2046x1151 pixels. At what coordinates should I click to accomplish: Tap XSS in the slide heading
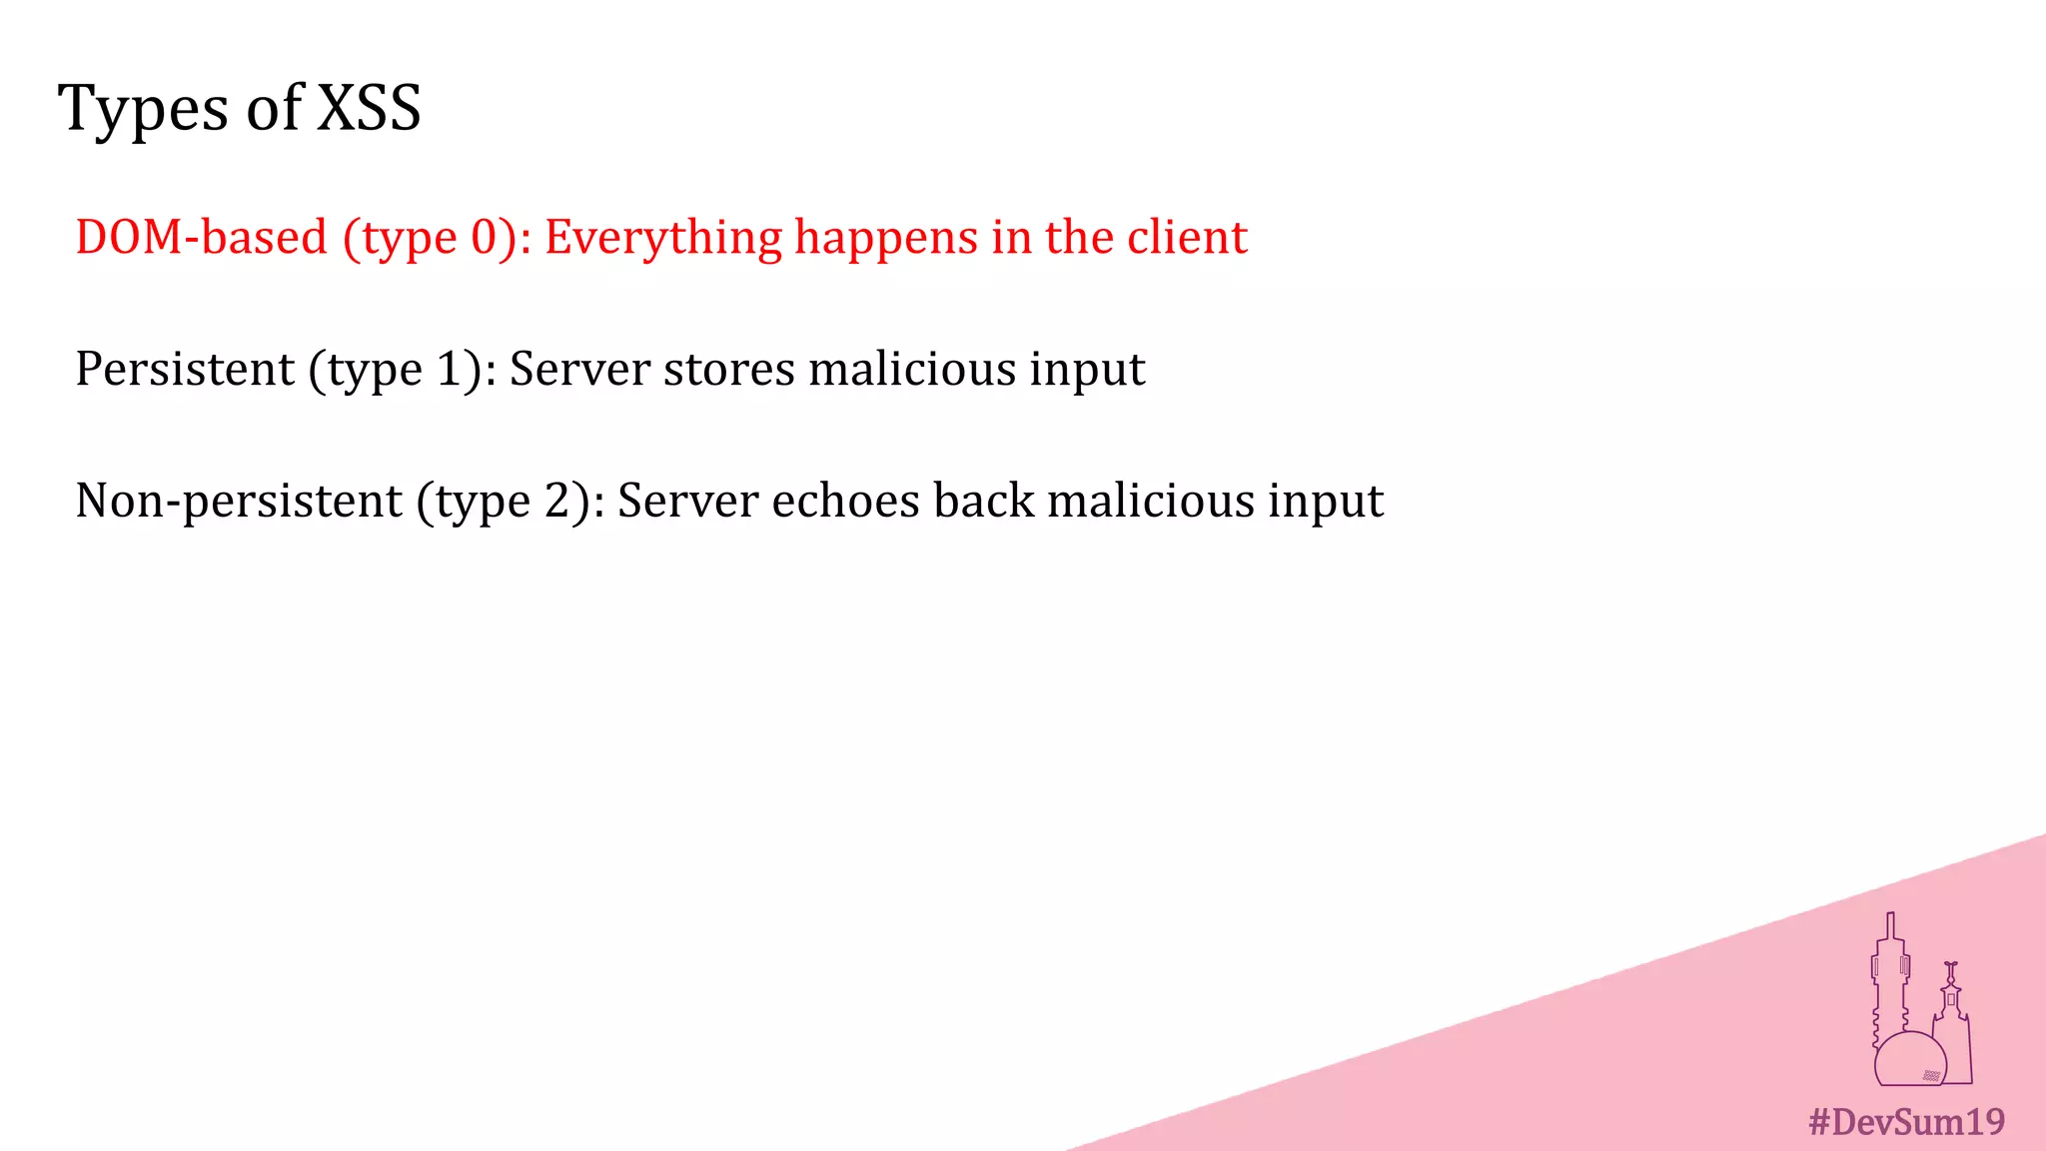(x=369, y=107)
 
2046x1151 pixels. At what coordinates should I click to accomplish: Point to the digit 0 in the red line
(x=485, y=238)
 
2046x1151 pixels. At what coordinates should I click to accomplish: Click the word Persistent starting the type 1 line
(x=185, y=369)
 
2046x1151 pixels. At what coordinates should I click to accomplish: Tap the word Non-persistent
(x=239, y=501)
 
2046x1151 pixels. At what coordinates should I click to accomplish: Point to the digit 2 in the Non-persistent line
(x=556, y=501)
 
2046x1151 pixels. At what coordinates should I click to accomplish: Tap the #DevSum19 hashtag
(x=1906, y=1122)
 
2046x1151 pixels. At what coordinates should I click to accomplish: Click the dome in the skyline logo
(x=1908, y=1059)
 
